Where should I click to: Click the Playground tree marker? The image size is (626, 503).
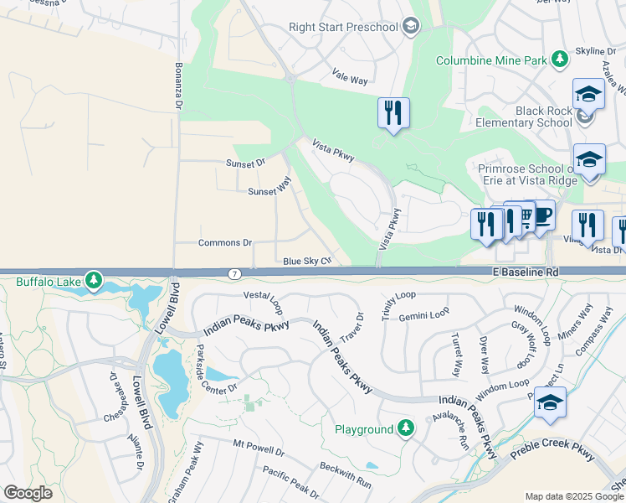pos(405,428)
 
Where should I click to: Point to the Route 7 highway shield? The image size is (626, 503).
pos(235,274)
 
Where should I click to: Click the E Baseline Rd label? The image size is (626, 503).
pos(524,272)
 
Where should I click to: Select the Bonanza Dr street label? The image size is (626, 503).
pos(178,86)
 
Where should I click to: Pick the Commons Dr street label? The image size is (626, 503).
pos(225,243)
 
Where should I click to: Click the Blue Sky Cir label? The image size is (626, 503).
pos(307,262)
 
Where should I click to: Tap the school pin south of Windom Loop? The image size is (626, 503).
pos(550,404)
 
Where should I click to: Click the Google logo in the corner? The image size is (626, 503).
pos(28,493)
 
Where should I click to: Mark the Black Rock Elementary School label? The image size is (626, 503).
pos(521,117)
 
